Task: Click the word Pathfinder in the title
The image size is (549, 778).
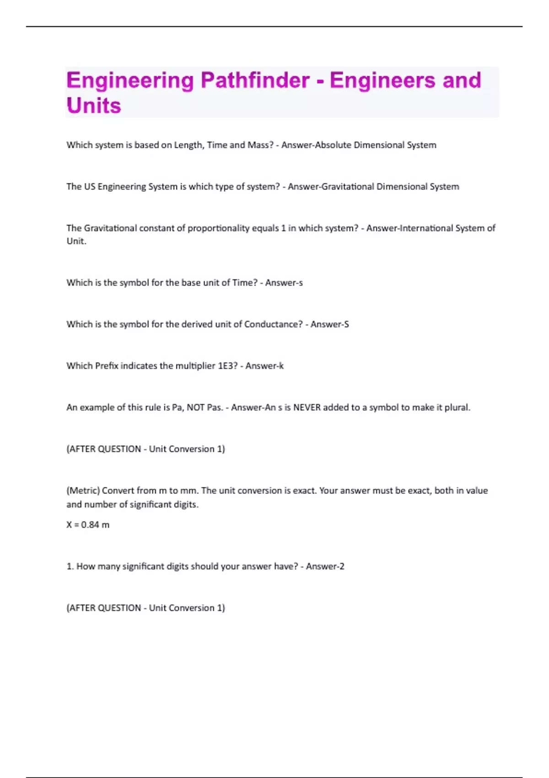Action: click(x=255, y=81)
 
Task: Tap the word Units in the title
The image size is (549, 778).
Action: click(x=94, y=106)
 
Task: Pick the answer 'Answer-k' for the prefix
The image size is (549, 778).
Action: click(x=264, y=366)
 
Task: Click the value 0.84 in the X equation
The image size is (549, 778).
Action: click(x=90, y=525)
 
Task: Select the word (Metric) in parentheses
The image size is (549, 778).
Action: click(x=83, y=491)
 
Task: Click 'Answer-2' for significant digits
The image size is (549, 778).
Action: click(x=325, y=567)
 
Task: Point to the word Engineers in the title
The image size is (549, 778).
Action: click(x=382, y=81)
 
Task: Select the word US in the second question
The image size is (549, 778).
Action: click(x=89, y=187)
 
